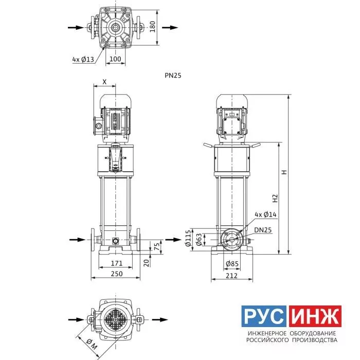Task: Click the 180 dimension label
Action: click(152, 27)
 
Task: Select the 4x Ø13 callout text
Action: click(83, 60)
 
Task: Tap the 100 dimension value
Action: click(115, 59)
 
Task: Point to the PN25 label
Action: click(173, 76)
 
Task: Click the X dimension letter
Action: click(104, 82)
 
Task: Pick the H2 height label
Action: click(275, 199)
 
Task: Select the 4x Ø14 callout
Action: click(266, 214)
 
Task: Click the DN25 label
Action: click(263, 230)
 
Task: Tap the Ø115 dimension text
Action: click(188, 238)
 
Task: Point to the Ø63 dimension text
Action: click(199, 240)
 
